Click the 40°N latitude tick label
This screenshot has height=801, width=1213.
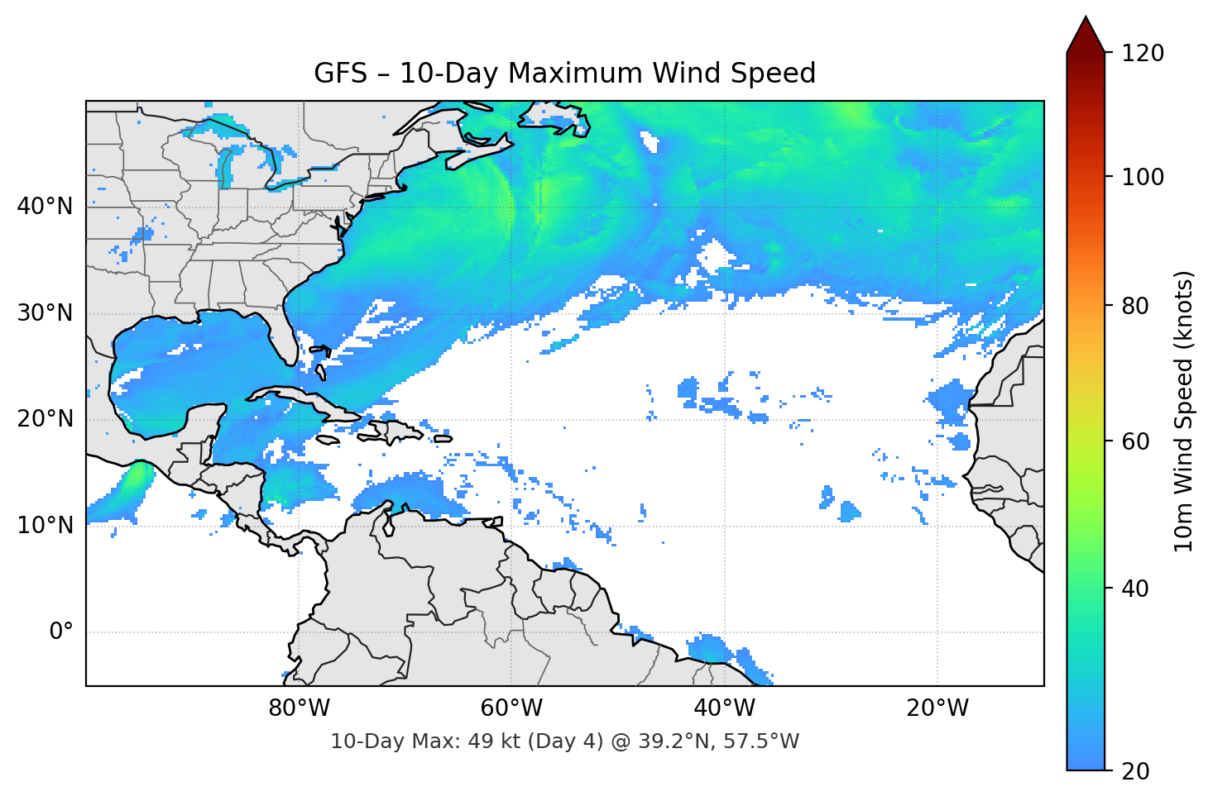[45, 207]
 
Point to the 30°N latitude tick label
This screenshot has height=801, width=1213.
[45, 313]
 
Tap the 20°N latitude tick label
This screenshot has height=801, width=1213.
[45, 419]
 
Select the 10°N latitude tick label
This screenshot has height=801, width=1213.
[45, 526]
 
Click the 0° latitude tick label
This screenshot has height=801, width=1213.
[61, 632]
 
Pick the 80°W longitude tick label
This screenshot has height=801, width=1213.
[299, 708]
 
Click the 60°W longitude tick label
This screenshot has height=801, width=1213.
[511, 708]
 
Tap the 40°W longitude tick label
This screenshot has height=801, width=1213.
[724, 708]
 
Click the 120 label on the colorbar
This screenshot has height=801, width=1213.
[1143, 54]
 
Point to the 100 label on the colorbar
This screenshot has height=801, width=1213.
[1143, 177]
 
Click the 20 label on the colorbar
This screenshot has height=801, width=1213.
[1135, 771]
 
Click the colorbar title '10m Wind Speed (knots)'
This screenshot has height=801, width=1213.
[1184, 411]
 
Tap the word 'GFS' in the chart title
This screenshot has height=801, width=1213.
[340, 74]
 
